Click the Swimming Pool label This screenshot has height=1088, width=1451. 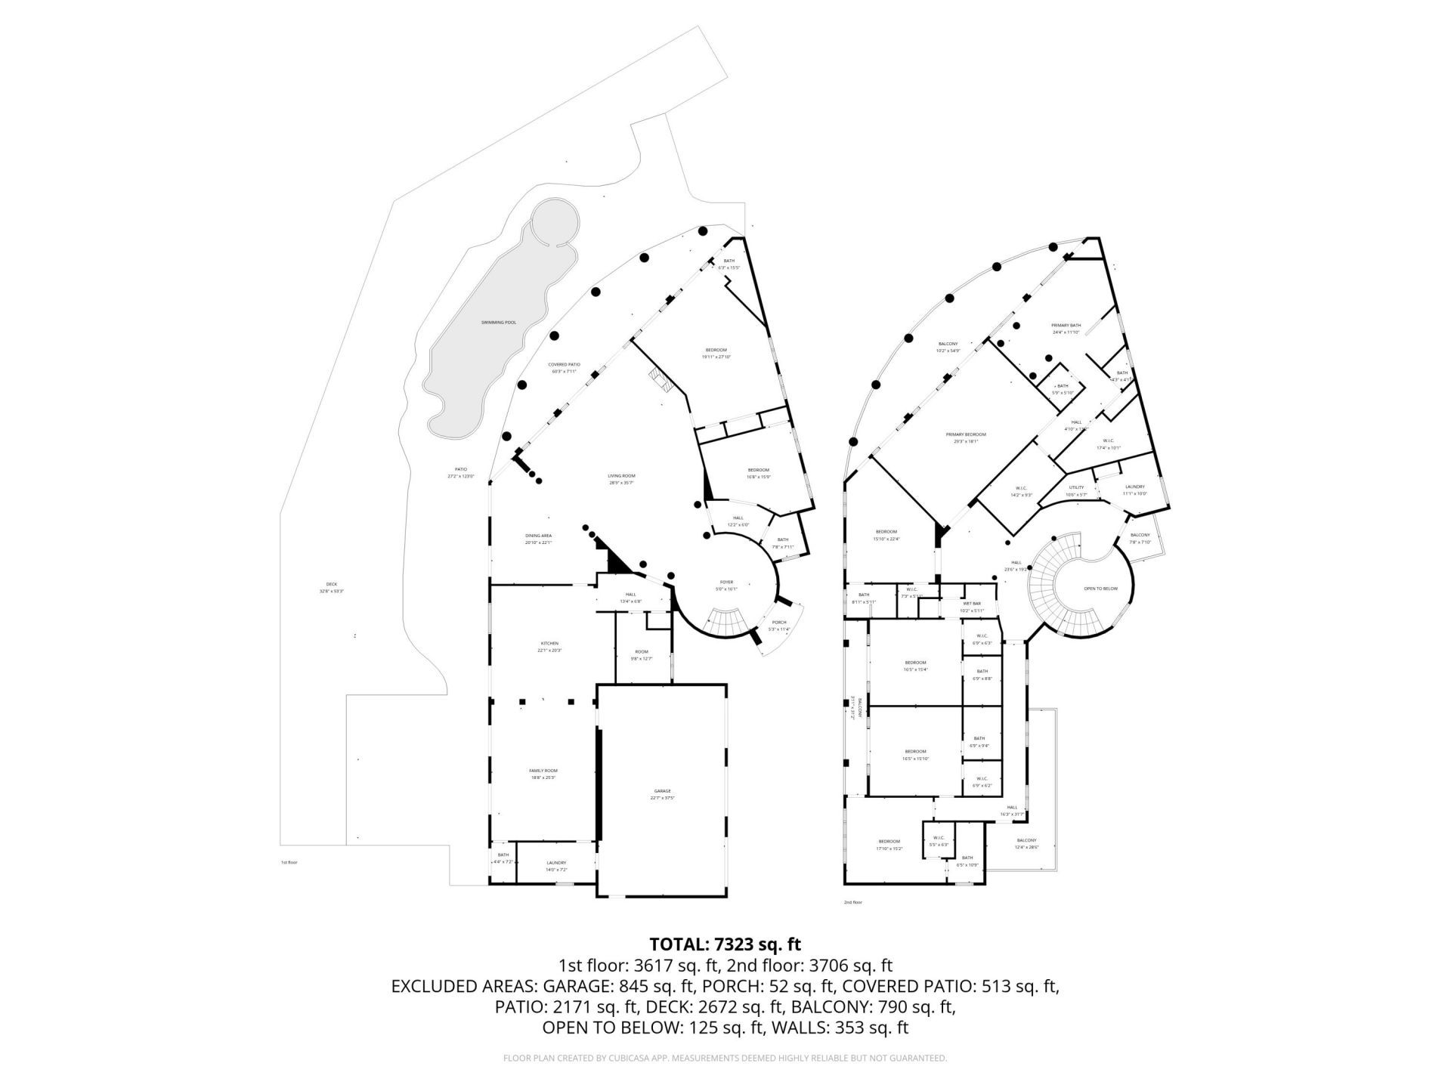click(x=499, y=323)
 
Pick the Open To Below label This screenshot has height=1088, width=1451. click(x=1100, y=588)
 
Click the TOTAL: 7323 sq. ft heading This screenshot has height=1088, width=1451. click(x=725, y=944)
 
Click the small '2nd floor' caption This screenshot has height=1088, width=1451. click(x=852, y=902)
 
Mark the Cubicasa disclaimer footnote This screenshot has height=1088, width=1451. click(x=725, y=1059)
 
